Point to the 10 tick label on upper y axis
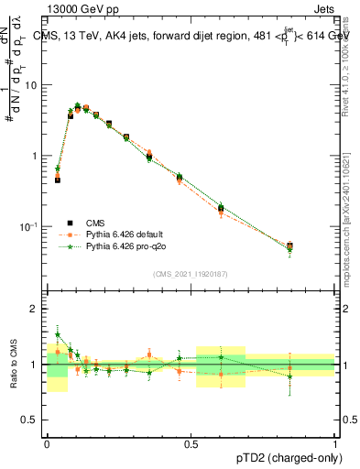click(x=32, y=85)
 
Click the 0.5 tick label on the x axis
click(x=191, y=442)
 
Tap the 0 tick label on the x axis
click(x=47, y=442)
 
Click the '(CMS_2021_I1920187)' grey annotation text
click(x=191, y=274)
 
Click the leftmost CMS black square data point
click(x=58, y=180)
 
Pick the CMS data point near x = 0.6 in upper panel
click(x=221, y=210)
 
